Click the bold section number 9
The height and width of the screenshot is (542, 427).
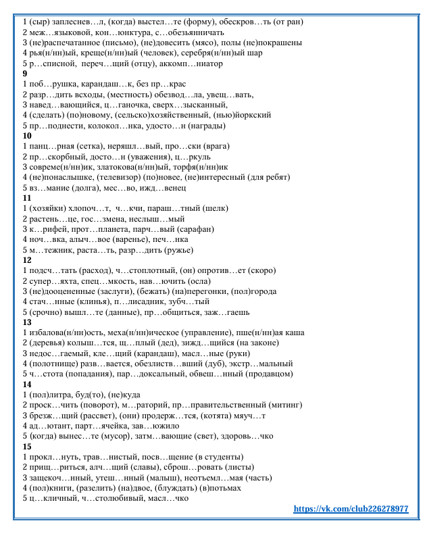25,73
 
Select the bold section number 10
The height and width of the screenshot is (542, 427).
27,135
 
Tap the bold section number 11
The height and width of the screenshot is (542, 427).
27,197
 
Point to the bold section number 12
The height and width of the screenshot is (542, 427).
27,260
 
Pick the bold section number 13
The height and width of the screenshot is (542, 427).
27,322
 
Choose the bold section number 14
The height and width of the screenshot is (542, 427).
27,385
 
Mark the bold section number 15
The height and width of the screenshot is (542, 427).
27,447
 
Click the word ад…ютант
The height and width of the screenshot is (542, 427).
49,426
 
